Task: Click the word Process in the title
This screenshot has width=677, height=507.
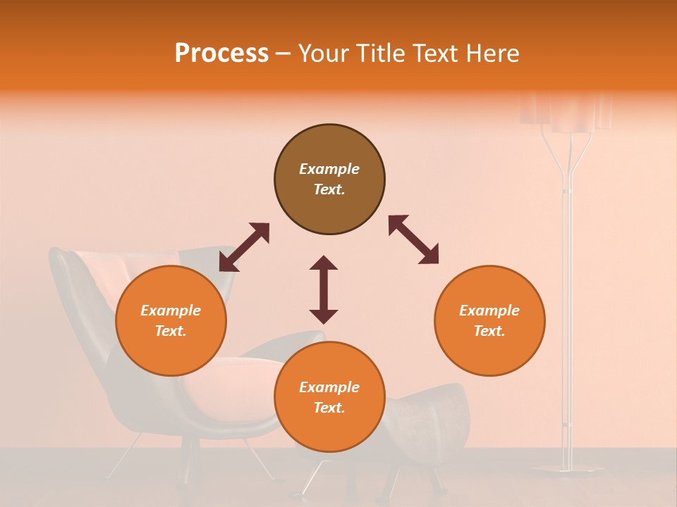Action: tap(221, 54)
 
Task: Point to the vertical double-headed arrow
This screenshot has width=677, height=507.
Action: tap(324, 289)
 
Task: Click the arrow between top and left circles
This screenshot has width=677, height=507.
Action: tap(244, 247)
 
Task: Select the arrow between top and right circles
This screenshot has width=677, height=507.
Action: tap(414, 240)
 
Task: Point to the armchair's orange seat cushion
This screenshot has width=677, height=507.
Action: tap(240, 380)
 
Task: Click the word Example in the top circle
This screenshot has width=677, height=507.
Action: tap(329, 169)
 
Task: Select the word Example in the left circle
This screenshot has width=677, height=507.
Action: tap(171, 311)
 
